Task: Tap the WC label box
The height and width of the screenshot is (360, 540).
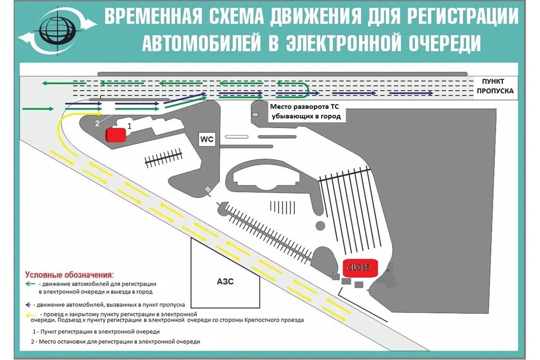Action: coord(207,139)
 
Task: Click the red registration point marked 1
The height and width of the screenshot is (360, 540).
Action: coord(116,135)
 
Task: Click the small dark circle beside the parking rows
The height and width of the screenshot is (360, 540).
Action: coord(320,225)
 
